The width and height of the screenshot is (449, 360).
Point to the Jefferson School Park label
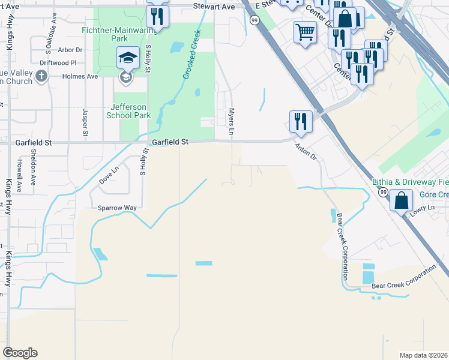point(129,111)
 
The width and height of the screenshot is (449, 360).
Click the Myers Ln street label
point(231,121)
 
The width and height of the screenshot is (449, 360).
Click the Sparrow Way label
point(118,208)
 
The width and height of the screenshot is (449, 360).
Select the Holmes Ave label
point(83,76)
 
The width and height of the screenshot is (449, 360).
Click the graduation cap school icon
point(128,58)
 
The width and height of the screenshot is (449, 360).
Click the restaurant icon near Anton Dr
point(300,121)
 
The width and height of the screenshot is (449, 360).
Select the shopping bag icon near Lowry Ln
point(401,200)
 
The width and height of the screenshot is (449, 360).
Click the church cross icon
point(41,76)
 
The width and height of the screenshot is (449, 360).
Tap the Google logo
point(20,353)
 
